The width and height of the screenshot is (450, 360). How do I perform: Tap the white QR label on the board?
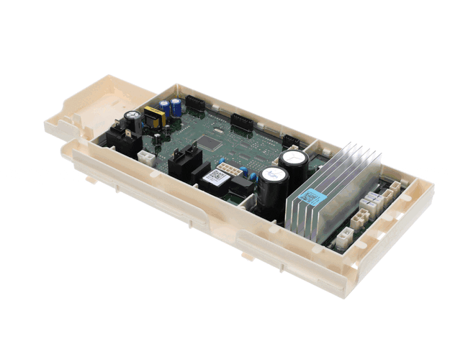coord(214,176)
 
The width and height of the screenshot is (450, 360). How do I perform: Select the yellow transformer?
coord(153,115)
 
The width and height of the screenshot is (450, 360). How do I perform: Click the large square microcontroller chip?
coord(208,143)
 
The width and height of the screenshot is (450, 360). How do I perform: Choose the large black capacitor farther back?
coord(294,164)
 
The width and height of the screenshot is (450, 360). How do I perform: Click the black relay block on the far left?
coord(121,140)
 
